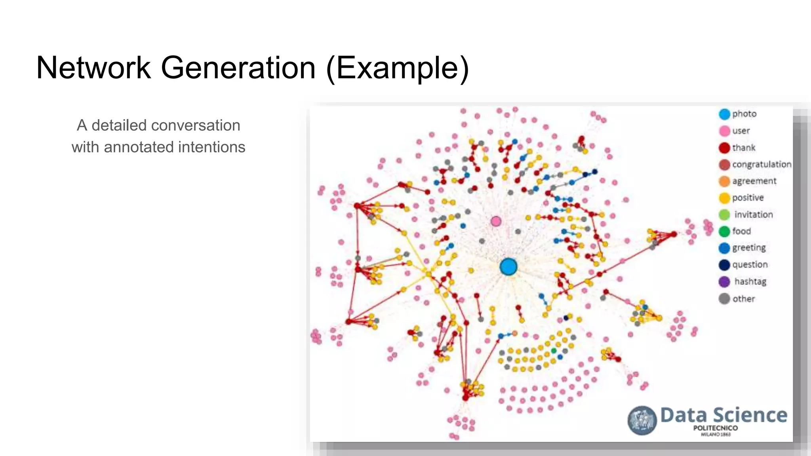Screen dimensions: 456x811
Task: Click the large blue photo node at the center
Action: click(x=508, y=267)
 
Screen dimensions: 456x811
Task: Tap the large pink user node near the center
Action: click(x=496, y=221)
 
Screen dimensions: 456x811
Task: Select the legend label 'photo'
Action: click(x=744, y=114)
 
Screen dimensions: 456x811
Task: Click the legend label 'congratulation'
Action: click(x=761, y=164)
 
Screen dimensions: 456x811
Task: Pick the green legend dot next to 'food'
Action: click(x=724, y=231)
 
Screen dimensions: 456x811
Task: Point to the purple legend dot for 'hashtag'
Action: click(x=724, y=281)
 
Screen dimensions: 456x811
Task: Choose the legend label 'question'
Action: click(x=750, y=264)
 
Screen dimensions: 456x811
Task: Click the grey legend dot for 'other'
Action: click(x=724, y=299)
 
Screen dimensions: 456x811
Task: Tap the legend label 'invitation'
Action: click(x=753, y=215)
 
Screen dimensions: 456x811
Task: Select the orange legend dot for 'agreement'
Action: click(x=724, y=181)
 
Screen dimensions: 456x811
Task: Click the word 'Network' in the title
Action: click(x=93, y=68)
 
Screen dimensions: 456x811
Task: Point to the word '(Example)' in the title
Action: click(x=398, y=68)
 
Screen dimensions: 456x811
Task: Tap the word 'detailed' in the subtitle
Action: click(x=119, y=125)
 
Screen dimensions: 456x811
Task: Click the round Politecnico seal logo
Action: click(x=642, y=420)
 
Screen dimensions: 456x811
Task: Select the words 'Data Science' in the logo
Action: click(x=723, y=415)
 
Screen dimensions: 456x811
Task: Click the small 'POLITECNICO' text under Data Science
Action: click(x=715, y=428)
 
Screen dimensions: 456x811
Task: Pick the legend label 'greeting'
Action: click(x=748, y=248)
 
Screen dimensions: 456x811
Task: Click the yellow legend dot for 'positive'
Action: click(x=724, y=198)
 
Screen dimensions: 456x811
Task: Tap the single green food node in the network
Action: click(x=554, y=351)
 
